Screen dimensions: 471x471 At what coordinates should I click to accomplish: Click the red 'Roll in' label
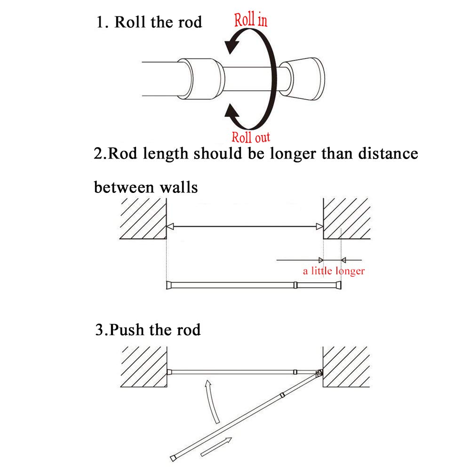coord(251,20)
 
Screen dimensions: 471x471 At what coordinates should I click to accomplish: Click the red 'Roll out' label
coord(251,137)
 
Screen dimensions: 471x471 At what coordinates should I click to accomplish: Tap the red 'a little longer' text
coord(333,271)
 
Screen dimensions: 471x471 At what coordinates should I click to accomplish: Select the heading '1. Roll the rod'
coord(149,22)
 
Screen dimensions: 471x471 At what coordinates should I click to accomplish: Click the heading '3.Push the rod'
coord(148,329)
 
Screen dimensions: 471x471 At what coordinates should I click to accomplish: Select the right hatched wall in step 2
coord(346,219)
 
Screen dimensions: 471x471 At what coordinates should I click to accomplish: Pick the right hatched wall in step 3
coord(346,367)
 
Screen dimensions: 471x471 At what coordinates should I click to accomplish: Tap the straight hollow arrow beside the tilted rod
coord(216,447)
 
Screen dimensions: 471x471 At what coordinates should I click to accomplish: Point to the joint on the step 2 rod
coord(295,285)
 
